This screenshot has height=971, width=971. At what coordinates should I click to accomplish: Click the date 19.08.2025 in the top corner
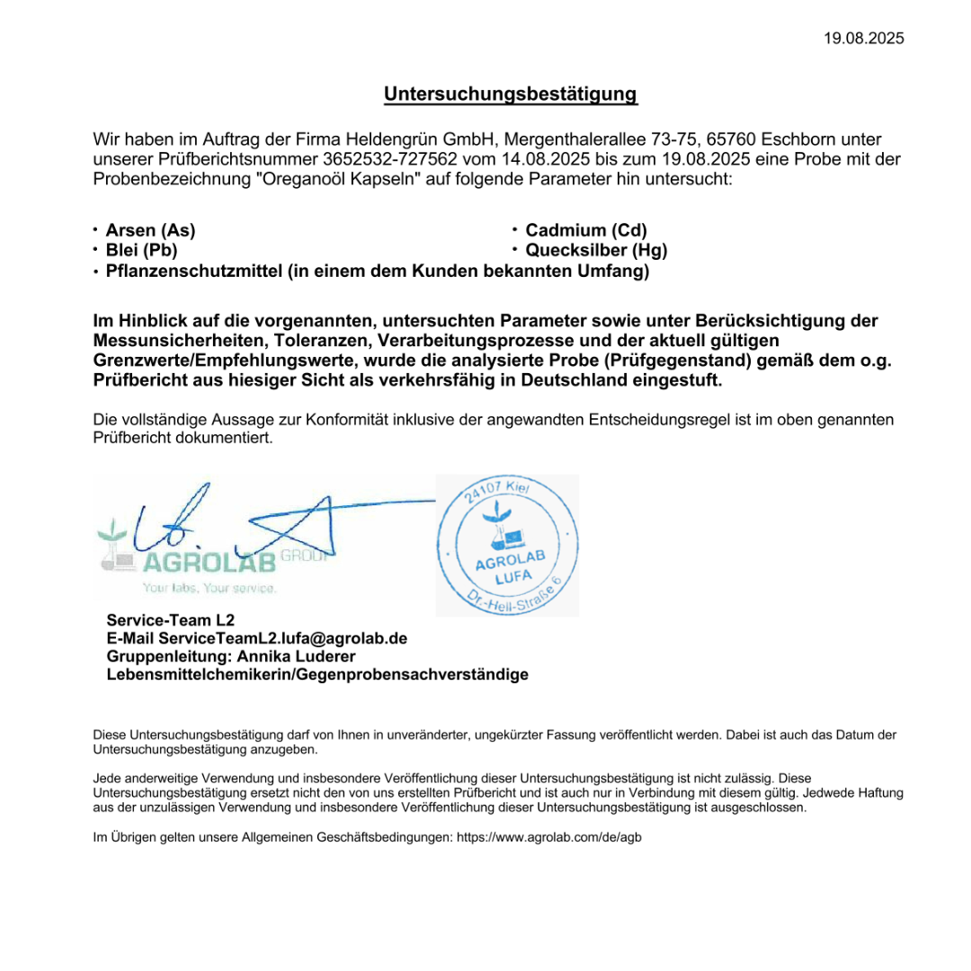[864, 38]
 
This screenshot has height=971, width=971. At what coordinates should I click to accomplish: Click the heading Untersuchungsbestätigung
[511, 94]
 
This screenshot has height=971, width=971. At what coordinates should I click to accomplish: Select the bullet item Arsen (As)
[150, 230]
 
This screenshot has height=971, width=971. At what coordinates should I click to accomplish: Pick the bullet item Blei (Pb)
[141, 250]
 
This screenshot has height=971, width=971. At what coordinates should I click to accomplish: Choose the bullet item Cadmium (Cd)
[586, 230]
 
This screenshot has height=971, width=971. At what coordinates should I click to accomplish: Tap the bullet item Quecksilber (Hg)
[596, 250]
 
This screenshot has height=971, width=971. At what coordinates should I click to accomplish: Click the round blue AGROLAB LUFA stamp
[508, 545]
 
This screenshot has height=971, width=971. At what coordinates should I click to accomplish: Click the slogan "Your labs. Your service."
[209, 588]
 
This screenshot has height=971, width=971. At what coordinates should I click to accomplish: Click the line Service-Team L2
[170, 620]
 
